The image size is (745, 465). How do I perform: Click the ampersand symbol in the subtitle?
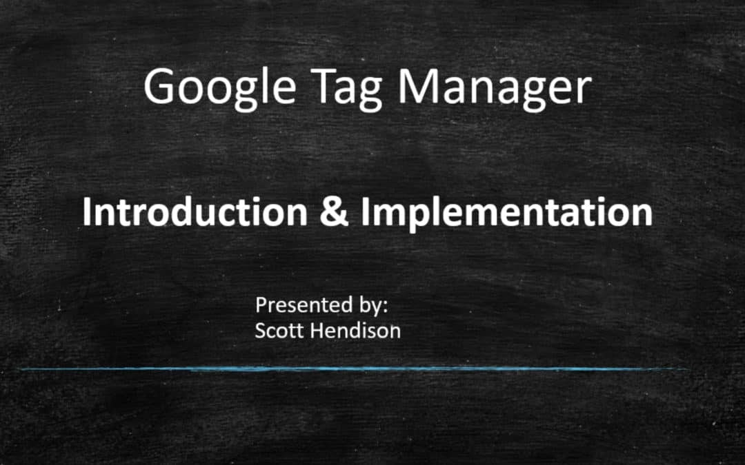(x=334, y=212)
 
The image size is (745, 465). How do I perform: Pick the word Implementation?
(x=506, y=212)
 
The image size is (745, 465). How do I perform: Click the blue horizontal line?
(x=352, y=369)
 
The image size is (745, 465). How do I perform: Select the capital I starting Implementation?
(x=365, y=211)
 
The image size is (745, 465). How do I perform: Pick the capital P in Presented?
(x=261, y=304)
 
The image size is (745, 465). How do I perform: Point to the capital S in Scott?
(x=260, y=330)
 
